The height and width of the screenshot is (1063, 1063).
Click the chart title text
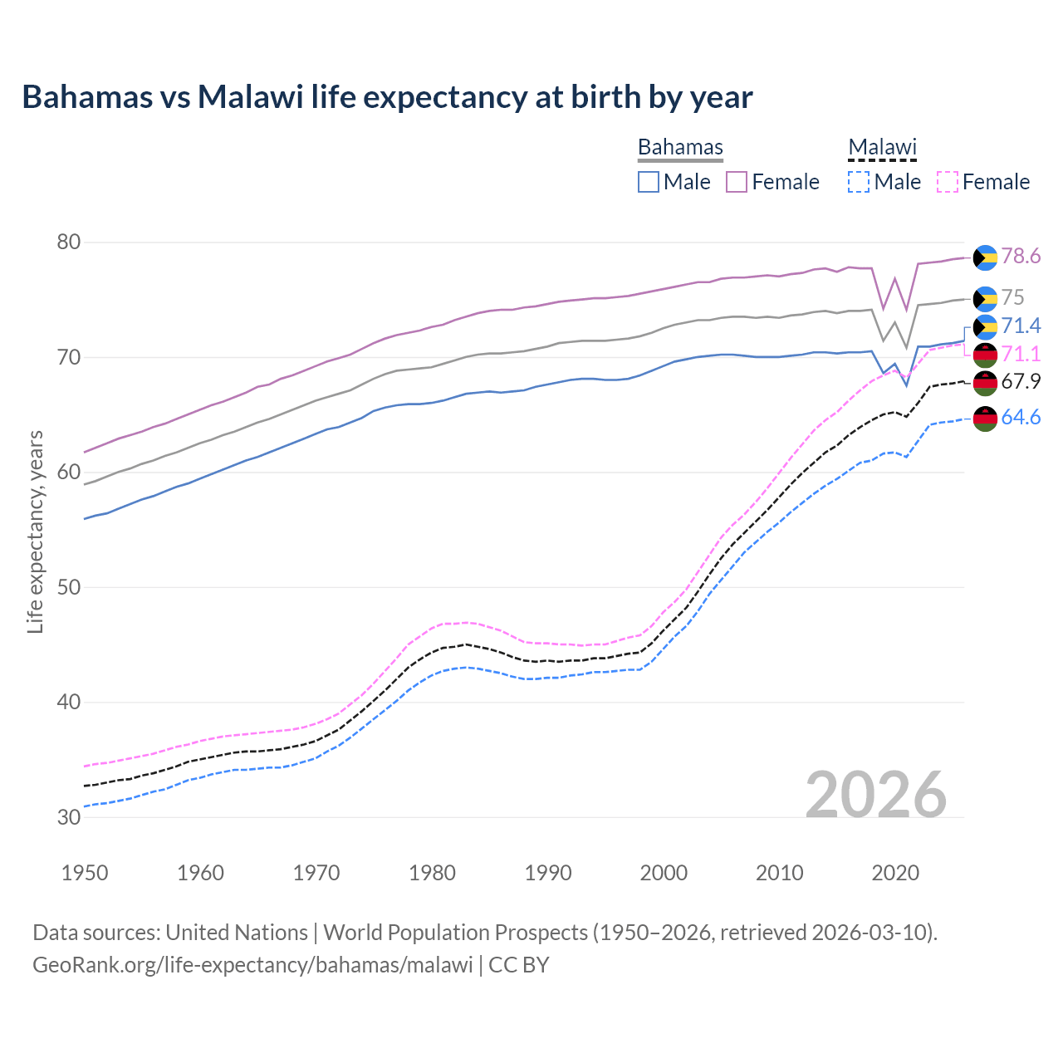(x=387, y=97)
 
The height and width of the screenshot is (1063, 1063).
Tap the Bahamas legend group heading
(x=680, y=147)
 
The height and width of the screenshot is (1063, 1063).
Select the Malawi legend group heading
(x=882, y=147)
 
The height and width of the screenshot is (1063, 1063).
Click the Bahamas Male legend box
(x=649, y=182)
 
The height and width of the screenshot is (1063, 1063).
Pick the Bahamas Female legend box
(x=737, y=182)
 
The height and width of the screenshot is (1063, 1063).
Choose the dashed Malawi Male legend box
(x=859, y=182)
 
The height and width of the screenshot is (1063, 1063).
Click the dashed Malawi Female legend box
(x=948, y=182)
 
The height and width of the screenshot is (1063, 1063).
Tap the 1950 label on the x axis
(x=85, y=873)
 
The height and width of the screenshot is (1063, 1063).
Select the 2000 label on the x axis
(x=664, y=873)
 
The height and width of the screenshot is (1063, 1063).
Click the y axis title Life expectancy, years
(x=35, y=531)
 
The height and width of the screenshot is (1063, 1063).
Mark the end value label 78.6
(x=1021, y=257)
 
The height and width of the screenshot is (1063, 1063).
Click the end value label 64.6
(x=1021, y=417)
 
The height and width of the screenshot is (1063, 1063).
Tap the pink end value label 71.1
(x=1021, y=355)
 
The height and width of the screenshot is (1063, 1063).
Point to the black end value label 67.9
(x=1021, y=382)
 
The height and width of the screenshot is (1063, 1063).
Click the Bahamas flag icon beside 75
(x=985, y=298)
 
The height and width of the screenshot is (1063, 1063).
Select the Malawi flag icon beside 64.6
(x=985, y=419)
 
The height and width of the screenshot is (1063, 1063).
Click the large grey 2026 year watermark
(x=875, y=795)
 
